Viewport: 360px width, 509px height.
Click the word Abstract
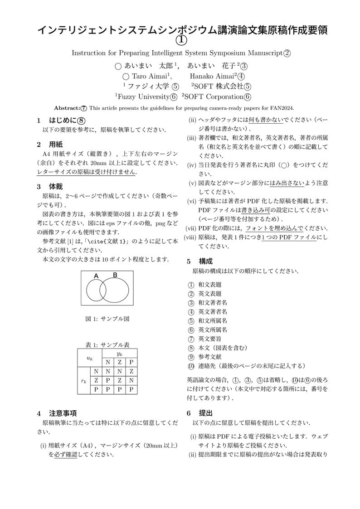(67, 108)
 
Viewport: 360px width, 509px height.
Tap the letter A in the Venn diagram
(96, 276)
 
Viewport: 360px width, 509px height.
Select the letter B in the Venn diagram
(115, 275)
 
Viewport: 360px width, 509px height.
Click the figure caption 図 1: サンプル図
(107, 319)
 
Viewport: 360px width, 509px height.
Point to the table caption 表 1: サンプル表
(107, 344)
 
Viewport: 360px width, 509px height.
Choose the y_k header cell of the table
(120, 354)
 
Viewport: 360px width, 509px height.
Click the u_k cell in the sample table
(90, 358)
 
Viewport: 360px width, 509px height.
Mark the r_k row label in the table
(84, 381)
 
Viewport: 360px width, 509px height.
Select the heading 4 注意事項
(57, 413)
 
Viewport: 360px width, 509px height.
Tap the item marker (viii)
(190, 238)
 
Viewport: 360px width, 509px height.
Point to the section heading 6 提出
(199, 413)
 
